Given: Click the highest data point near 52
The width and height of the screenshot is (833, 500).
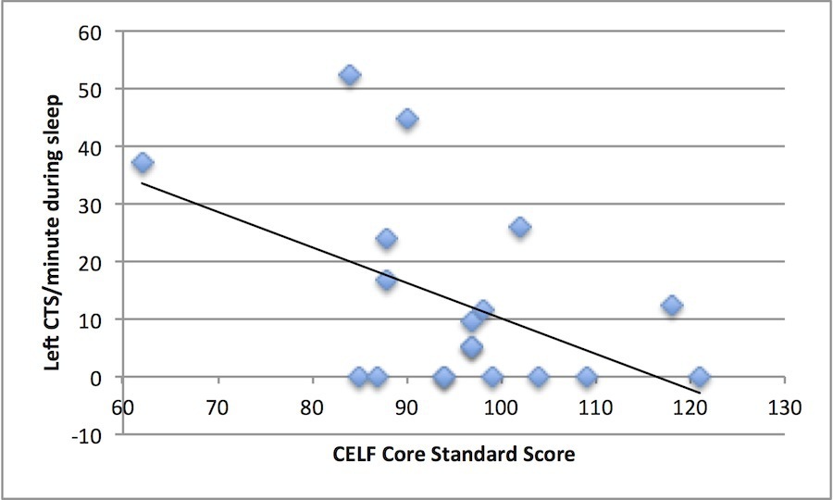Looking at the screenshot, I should [350, 75].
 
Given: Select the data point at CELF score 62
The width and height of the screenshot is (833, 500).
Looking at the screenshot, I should [143, 163].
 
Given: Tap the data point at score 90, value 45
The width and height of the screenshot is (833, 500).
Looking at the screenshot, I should [407, 119].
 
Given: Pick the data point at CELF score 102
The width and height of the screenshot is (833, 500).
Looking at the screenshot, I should [520, 227].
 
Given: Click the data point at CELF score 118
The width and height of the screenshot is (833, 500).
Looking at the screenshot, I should [672, 306].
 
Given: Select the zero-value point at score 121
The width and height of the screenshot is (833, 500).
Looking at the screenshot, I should [700, 377].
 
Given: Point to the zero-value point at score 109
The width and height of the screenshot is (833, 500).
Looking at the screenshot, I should [587, 377].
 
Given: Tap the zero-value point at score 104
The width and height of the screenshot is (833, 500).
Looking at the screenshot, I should [539, 377].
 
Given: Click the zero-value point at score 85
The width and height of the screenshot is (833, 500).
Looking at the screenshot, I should [359, 377].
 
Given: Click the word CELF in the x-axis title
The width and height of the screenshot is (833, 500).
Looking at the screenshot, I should [357, 455].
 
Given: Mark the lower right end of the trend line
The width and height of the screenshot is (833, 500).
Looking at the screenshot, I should [701, 393].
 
